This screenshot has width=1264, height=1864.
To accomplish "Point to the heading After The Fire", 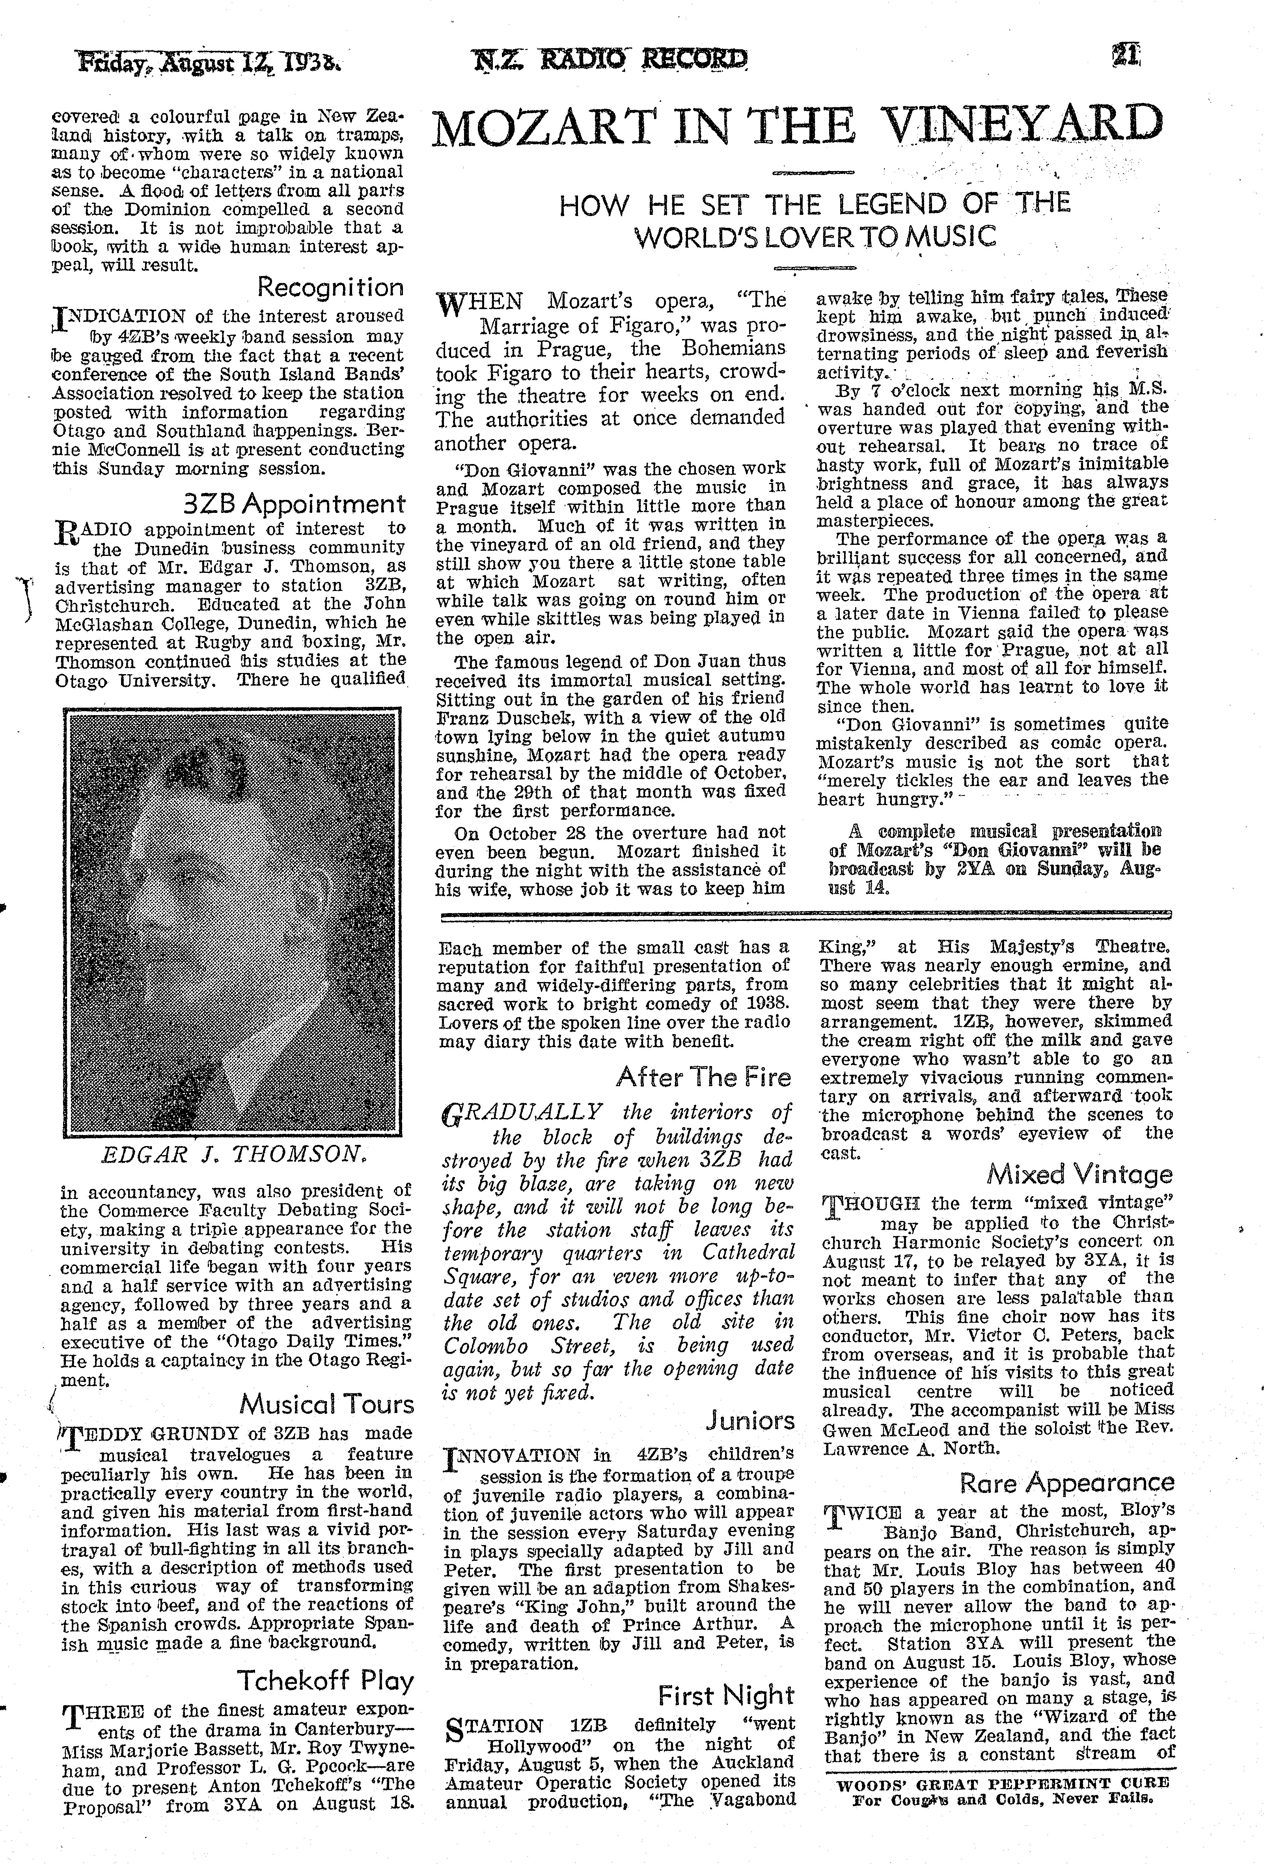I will click(x=703, y=1077).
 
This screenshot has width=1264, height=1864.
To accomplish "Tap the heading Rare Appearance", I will click(x=1067, y=1483).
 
